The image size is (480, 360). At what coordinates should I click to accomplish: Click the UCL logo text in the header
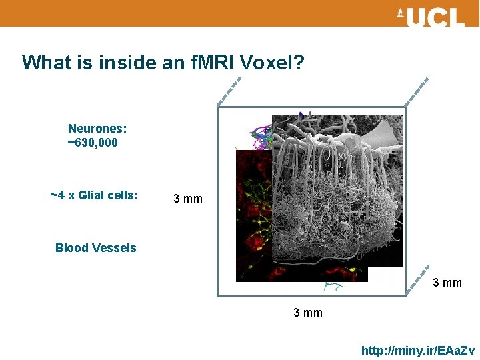pos(436,17)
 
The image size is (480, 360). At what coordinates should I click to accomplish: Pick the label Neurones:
pos(97,128)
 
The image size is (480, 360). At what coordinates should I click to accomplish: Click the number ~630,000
pos(93,143)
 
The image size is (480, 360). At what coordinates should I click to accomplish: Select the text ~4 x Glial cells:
pos(95,195)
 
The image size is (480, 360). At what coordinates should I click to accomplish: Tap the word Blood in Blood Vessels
pos(72,248)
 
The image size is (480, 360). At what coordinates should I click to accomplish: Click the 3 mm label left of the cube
pos(188,199)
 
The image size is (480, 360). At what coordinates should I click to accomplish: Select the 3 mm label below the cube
pos(308,313)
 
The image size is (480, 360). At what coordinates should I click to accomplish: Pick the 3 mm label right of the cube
pos(447,283)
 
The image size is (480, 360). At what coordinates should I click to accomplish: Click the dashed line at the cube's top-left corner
pos(229,92)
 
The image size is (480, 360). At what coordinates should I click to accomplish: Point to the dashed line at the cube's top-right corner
pos(417,91)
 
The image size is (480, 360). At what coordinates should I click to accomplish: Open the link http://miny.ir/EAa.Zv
pos(418,350)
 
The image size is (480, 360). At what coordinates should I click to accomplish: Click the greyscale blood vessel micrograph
pos(337,193)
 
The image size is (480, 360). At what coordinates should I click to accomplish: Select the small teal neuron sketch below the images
pos(331,287)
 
